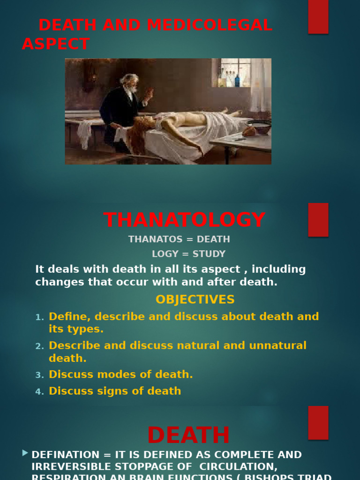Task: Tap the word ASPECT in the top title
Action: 55,44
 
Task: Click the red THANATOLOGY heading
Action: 184,220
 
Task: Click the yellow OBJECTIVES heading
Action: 195,300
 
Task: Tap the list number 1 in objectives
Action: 40,317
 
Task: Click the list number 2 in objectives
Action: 40,346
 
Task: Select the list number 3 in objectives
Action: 40,375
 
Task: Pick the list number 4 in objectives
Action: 40,392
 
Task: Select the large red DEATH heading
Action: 188,435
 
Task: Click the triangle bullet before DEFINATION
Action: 25,453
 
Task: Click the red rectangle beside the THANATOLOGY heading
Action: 318,220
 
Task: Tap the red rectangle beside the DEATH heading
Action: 318,423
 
